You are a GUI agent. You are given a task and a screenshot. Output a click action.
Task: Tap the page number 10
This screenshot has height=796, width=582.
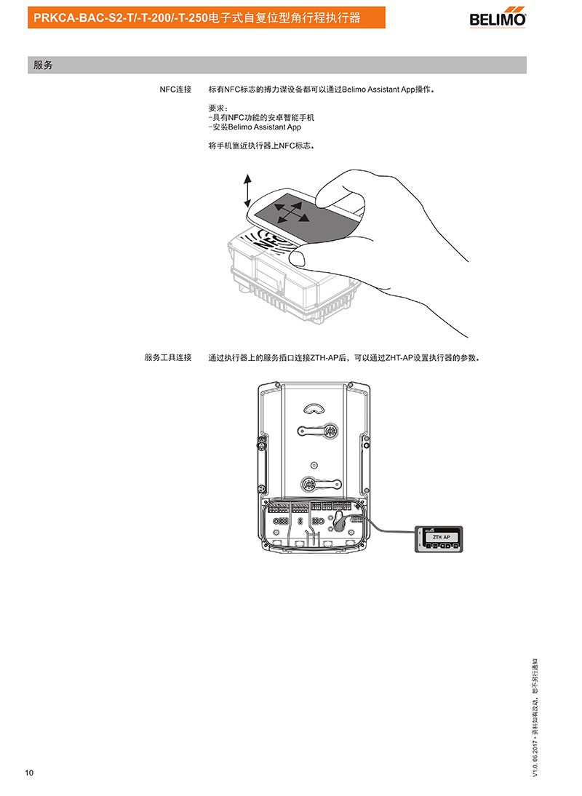coord(29,773)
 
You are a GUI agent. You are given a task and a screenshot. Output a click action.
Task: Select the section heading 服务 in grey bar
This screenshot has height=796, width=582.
coord(43,65)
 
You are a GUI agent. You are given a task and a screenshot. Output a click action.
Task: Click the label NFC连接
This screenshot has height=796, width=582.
coord(175,89)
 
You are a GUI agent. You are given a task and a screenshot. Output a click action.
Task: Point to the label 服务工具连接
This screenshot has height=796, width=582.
coord(168,357)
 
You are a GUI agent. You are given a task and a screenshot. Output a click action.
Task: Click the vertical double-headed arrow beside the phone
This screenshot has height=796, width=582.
coord(247,191)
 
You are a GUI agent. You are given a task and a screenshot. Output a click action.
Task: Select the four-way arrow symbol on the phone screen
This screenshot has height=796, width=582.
coord(291,212)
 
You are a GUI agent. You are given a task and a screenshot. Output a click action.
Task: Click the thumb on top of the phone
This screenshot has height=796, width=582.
coord(335,191)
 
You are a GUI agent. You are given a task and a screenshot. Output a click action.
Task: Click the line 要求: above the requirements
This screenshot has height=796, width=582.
coord(218,108)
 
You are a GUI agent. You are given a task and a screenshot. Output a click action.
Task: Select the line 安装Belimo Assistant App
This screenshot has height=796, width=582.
coord(255,127)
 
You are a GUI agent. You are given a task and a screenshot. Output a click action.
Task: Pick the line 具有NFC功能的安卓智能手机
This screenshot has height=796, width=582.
coord(261,117)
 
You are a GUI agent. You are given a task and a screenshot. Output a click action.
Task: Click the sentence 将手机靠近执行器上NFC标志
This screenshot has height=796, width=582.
coord(261,146)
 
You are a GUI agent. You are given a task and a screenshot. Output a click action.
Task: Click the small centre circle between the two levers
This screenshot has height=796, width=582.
coord(314,465)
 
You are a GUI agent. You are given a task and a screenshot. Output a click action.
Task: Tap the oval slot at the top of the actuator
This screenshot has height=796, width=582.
coord(314,409)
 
